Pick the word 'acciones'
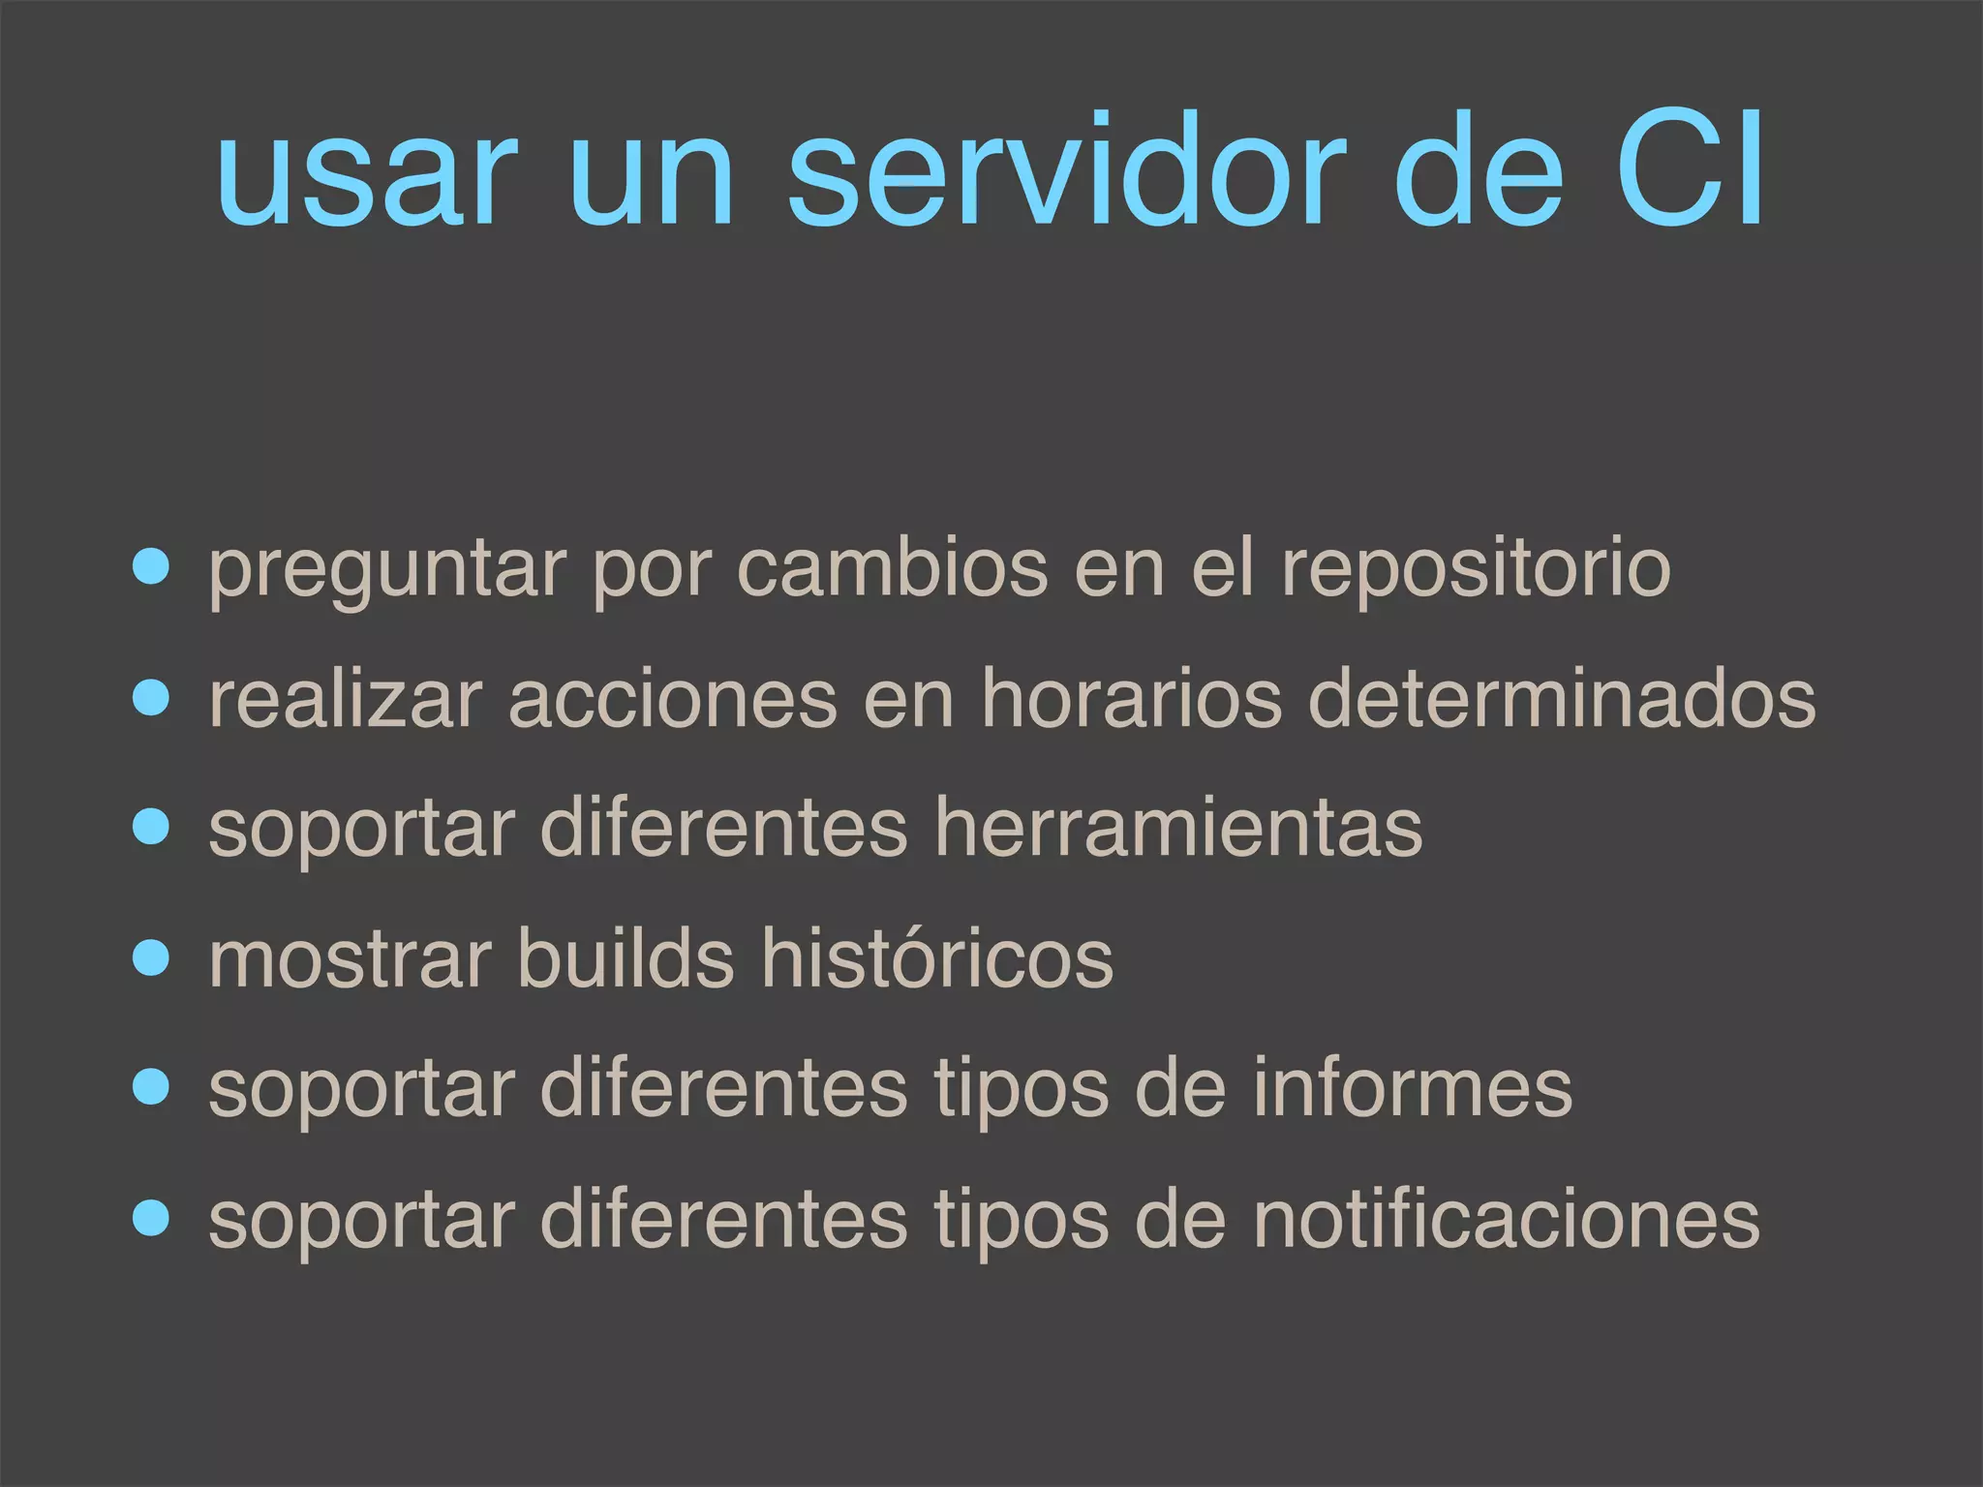(672, 699)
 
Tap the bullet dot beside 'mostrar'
(151, 958)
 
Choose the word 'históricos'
(936, 958)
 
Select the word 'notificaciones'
(1506, 1219)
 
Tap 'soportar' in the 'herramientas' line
(361, 831)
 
